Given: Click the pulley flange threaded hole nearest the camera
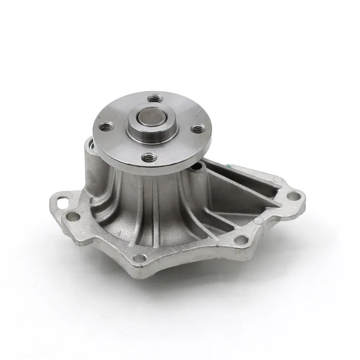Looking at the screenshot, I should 149,157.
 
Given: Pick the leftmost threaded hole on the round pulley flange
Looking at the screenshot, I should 106,127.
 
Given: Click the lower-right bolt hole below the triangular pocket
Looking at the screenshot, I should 241,239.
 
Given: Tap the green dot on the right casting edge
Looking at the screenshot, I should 229,166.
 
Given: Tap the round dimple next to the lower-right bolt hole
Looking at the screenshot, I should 260,221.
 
